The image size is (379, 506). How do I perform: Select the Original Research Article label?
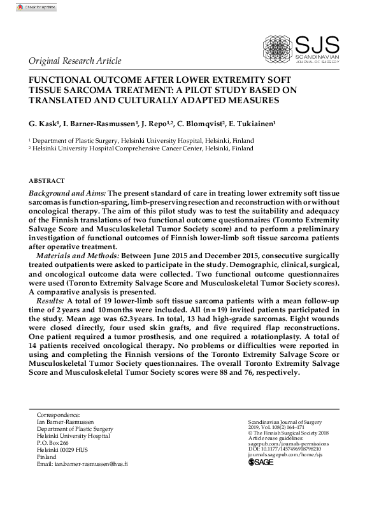[x=75, y=61]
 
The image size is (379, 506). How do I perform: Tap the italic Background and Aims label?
[x=67, y=192]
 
